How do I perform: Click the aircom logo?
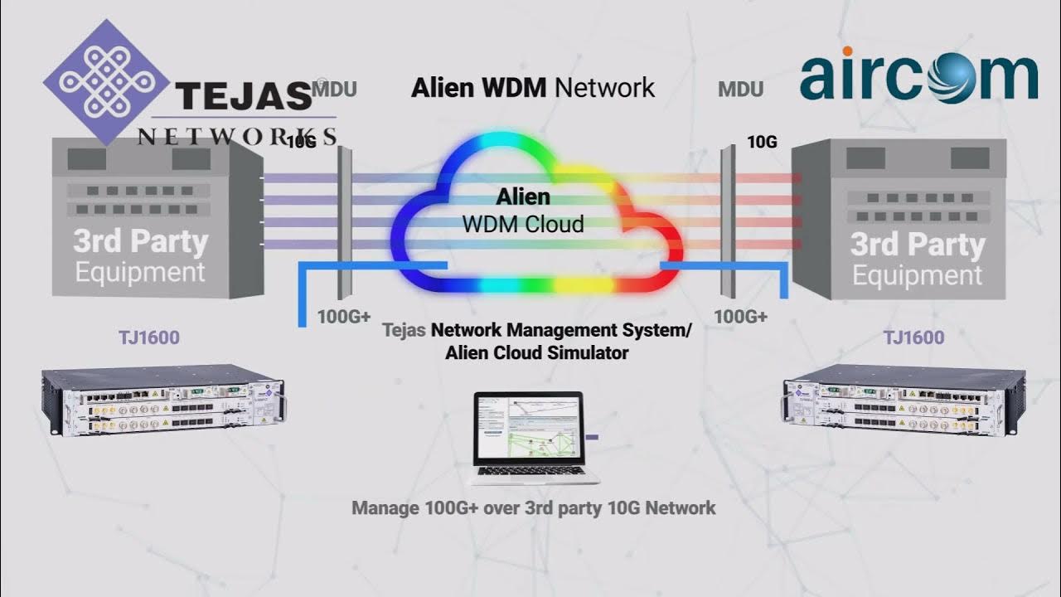coord(918,76)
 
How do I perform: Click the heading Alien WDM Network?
coord(533,87)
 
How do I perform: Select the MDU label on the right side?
coord(741,89)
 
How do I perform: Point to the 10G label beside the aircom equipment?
coord(762,142)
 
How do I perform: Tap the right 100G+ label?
coord(740,317)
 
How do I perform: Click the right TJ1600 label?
coord(913,337)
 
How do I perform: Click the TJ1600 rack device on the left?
coord(163,401)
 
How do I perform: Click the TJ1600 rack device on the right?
coord(904,401)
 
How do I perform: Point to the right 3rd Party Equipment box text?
coord(917,259)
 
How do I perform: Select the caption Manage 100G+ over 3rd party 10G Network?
coord(533,507)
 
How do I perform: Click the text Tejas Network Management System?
coord(536,330)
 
